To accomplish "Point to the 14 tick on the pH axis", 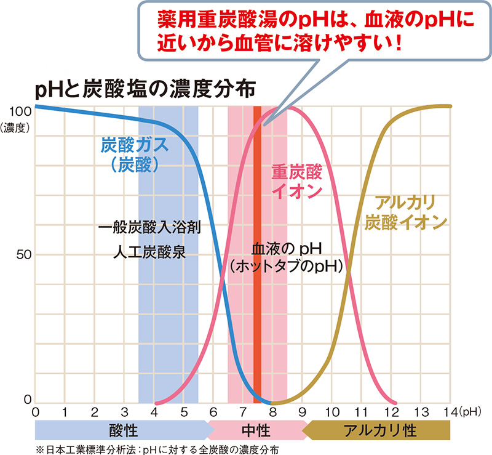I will tap(451, 411).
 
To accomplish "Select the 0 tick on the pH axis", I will tap(35, 411).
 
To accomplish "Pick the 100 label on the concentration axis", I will tap(17, 111).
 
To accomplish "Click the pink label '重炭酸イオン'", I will tap(296, 180).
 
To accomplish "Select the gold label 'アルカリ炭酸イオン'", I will tap(403, 212).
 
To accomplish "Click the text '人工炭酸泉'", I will tap(150, 252).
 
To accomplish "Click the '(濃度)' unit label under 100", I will tap(15, 127).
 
